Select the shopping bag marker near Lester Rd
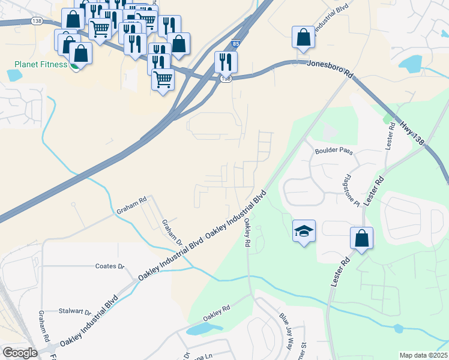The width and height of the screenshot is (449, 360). click(x=362, y=239)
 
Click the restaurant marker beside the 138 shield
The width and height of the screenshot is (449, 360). click(x=226, y=62)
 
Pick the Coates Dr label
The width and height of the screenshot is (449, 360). click(x=109, y=266)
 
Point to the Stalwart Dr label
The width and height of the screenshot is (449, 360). click(x=75, y=312)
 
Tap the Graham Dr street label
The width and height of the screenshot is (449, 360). click(x=172, y=233)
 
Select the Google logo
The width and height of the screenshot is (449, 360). click(x=20, y=353)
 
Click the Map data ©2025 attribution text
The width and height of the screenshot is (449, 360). click(x=423, y=355)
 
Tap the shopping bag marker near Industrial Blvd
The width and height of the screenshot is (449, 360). click(x=304, y=37)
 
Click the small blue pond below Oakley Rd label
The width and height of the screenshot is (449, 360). click(x=202, y=329)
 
